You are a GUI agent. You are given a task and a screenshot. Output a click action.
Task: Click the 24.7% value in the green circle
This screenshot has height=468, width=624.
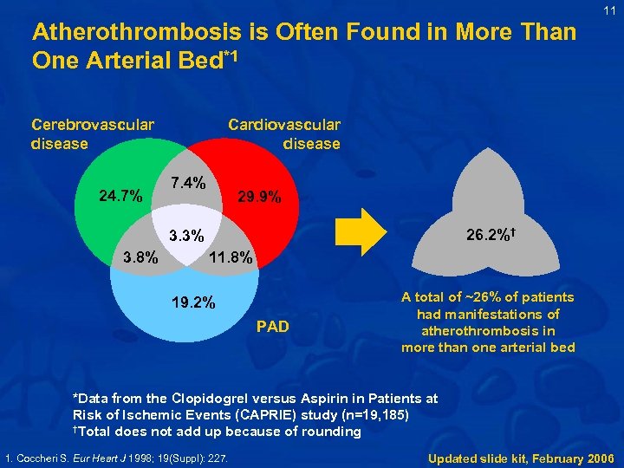pos(120,196)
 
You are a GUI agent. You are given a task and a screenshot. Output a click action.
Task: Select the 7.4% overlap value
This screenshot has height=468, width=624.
pos(188,184)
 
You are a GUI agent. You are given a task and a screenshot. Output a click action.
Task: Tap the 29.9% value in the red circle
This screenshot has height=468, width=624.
pos(259,198)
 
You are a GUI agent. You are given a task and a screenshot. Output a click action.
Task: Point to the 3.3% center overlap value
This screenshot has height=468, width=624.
pos(186,235)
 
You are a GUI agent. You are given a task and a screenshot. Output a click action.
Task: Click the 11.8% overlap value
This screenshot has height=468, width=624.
pos(232,257)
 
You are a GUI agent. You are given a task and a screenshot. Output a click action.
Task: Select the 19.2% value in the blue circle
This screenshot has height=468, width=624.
pos(193,303)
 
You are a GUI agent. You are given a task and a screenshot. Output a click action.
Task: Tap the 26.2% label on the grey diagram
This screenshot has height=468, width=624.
pos(490,235)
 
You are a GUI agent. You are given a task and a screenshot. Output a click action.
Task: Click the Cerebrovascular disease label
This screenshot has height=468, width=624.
pos(92,133)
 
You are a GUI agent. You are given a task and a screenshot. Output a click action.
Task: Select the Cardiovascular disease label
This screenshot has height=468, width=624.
pos(284,133)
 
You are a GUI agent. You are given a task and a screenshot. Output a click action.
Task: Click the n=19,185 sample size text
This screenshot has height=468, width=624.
pos(361,415)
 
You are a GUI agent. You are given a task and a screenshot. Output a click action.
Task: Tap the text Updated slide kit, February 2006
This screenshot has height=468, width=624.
pos(521,457)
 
